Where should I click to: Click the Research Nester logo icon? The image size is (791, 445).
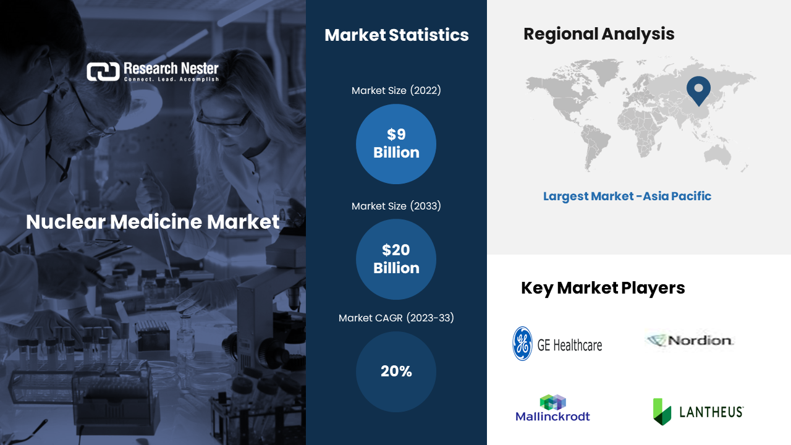pyautogui.click(x=103, y=72)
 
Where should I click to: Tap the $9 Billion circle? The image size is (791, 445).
pyautogui.click(x=396, y=144)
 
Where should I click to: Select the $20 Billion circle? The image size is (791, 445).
pyautogui.click(x=396, y=259)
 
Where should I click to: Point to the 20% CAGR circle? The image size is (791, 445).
pyautogui.click(x=396, y=371)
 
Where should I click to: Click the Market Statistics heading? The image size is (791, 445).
pyautogui.click(x=397, y=35)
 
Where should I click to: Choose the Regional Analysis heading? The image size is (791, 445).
pyautogui.click(x=599, y=34)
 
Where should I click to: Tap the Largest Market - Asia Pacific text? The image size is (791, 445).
pyautogui.click(x=627, y=197)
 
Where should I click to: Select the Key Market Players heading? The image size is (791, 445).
pyautogui.click(x=603, y=288)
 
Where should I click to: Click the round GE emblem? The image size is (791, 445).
pyautogui.click(x=522, y=344)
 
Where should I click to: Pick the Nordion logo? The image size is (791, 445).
pyautogui.click(x=690, y=341)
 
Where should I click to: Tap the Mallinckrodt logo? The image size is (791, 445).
pyautogui.click(x=552, y=409)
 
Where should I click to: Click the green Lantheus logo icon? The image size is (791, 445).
pyautogui.click(x=662, y=412)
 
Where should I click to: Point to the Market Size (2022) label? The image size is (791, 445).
pyautogui.click(x=396, y=90)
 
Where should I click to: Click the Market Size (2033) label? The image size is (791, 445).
pyautogui.click(x=396, y=206)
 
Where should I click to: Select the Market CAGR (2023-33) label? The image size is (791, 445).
pyautogui.click(x=396, y=318)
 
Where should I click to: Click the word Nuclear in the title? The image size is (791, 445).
pyautogui.click(x=66, y=222)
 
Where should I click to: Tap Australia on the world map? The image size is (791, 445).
pyautogui.click(x=717, y=155)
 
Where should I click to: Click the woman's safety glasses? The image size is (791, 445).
pyautogui.click(x=223, y=118)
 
